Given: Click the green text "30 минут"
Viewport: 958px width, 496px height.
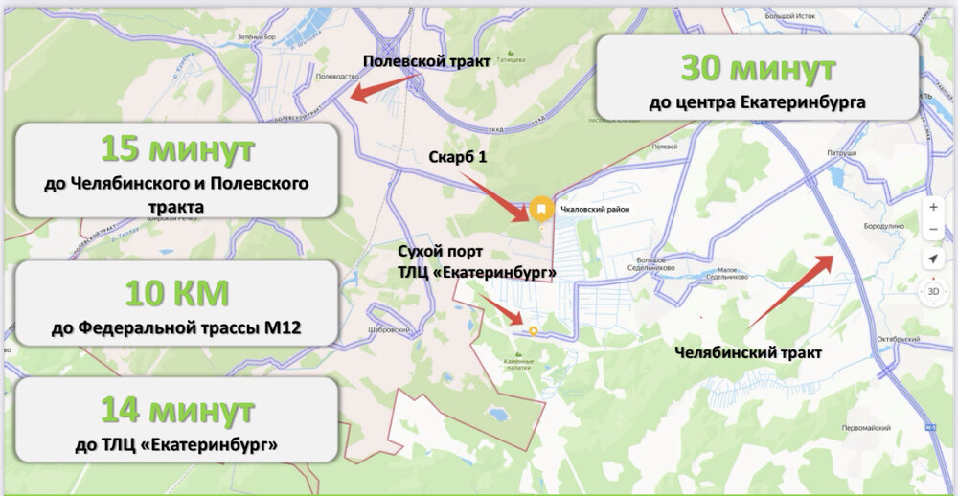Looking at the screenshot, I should (758, 69).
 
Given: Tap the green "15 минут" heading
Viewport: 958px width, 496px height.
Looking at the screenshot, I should (177, 149).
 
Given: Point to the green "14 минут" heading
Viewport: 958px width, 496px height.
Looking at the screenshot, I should (177, 412).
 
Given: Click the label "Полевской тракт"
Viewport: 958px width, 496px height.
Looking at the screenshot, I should (426, 61).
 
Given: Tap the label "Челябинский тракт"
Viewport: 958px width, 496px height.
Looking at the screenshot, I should (748, 352).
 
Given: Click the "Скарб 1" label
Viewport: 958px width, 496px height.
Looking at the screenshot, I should (457, 156).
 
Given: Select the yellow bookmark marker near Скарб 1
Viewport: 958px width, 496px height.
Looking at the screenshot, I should (541, 207).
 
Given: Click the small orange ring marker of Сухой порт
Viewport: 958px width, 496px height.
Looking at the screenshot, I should (533, 331).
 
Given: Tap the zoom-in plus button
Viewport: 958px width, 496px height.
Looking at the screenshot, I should (933, 207).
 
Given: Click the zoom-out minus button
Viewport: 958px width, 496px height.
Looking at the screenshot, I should (933, 230).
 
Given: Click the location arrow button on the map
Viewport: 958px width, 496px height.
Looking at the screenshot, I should (933, 260).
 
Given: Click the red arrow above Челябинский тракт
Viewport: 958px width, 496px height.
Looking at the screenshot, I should (790, 290).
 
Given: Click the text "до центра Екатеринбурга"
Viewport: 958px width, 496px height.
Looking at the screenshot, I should (757, 101).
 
